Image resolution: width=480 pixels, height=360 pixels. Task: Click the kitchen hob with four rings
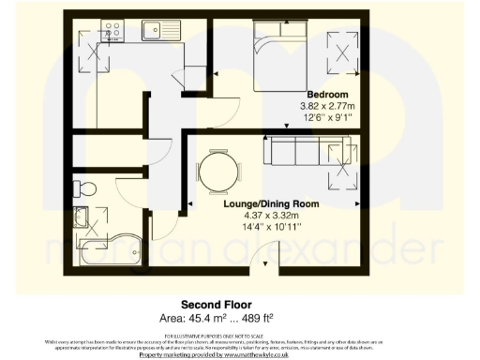(117, 31)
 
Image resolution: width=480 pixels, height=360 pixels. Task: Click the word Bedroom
(324, 95)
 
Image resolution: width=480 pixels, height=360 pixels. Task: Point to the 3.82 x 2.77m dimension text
(324, 106)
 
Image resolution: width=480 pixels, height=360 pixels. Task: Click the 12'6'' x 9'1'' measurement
(324, 117)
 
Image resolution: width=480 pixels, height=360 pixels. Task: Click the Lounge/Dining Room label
(270, 203)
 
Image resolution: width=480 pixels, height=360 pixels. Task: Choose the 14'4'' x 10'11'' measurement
(270, 226)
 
